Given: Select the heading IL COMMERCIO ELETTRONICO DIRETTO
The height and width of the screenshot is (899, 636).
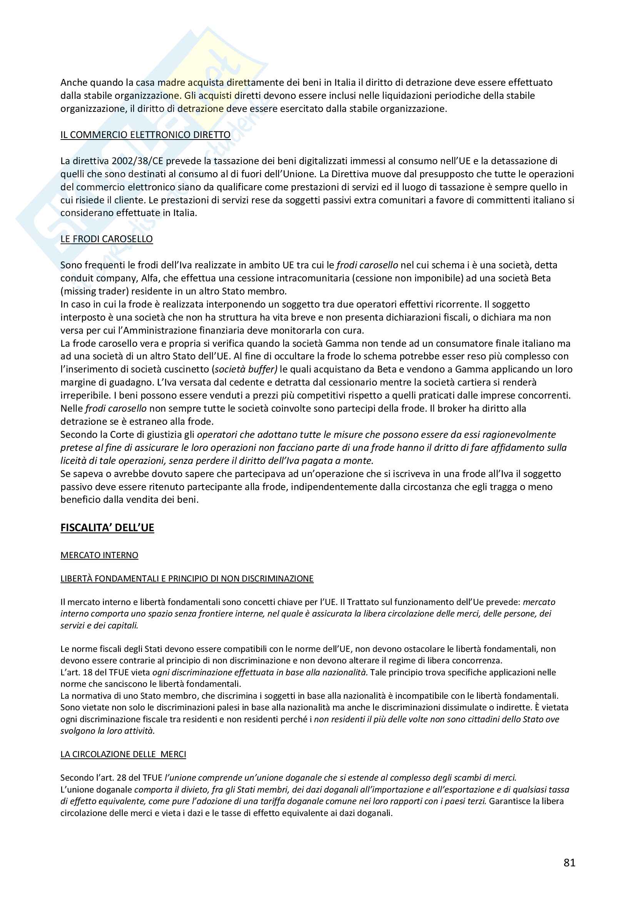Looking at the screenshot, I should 145,135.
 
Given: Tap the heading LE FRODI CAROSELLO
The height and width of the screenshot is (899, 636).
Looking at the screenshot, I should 107,239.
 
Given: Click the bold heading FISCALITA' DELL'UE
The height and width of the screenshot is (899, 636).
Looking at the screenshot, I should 107,528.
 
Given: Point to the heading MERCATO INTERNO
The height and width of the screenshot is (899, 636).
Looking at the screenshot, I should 99,555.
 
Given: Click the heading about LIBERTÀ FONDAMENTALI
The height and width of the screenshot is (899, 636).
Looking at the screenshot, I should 187,579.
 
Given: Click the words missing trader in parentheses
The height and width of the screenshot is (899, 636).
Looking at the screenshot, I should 94,291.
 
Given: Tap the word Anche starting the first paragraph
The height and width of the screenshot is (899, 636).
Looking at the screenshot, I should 73,83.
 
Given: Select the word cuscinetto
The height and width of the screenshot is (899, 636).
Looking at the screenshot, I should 185,369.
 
